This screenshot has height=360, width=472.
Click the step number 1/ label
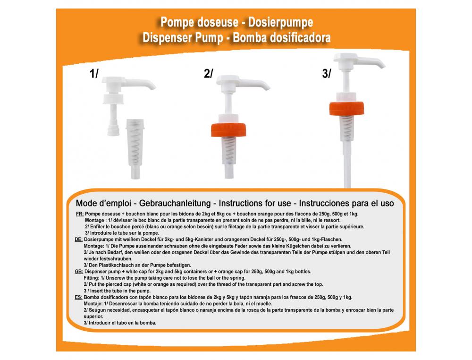click(94, 74)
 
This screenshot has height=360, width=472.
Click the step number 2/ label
click(208, 74)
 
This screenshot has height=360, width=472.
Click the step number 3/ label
click(327, 74)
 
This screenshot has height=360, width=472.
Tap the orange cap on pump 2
click(228, 130)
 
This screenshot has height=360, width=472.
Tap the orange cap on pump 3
click(346, 109)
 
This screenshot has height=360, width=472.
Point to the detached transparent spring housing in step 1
click(135, 148)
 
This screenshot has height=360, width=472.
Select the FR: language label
click(80, 214)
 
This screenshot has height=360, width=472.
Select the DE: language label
click(78, 240)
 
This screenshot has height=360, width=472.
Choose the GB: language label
click(79, 272)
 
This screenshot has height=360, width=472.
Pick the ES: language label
click(78, 297)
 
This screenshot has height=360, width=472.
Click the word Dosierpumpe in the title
click(280, 23)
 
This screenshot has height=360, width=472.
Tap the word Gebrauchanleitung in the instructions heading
click(175, 203)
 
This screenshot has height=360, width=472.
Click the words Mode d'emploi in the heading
click(103, 203)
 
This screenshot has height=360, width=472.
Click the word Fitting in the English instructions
click(91, 278)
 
